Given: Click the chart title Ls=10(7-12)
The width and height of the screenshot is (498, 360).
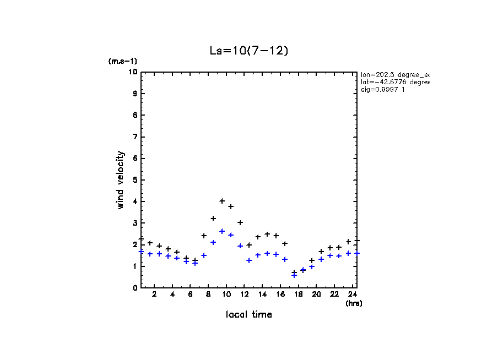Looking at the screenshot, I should point(248,50).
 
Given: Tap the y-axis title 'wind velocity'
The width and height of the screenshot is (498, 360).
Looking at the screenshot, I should point(121,180).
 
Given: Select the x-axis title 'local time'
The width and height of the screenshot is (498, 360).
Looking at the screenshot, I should point(248,315).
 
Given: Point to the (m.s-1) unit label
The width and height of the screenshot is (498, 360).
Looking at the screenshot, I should point(122,62).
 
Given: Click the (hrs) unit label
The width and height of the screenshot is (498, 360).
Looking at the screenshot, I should point(353,303).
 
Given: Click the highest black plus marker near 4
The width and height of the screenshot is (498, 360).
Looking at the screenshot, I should point(222,201).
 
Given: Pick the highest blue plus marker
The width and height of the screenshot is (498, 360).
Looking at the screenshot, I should point(222,231).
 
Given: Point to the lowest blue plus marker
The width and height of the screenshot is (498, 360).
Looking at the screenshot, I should point(294,275).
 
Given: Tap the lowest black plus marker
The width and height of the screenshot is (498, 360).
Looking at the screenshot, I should point(294,272).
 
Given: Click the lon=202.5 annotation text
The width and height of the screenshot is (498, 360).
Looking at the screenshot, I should point(394,74).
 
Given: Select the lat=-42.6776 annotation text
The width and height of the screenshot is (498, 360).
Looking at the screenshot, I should point(394,82).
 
